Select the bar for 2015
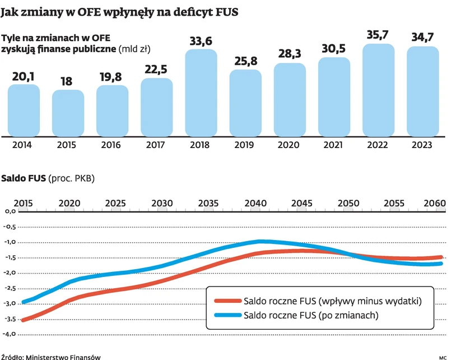pos(68,113)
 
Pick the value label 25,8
pos(245,61)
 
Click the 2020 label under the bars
pos(290,145)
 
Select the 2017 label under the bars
pos(156,145)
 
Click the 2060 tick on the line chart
pos(435,202)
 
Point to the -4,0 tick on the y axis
pos(11,334)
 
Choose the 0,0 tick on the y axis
pos(12,212)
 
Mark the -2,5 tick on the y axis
pos(11,288)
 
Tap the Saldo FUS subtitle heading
pos(24,179)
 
